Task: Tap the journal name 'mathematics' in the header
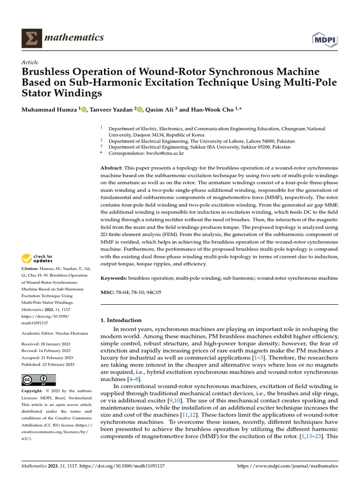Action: pyautogui.click(x=74, y=37)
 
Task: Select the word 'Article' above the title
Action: pyautogui.click(x=30, y=62)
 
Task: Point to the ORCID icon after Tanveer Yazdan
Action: pyautogui.click(x=140, y=109)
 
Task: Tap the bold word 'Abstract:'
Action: pyautogui.click(x=112, y=168)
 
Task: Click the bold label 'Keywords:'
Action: pyautogui.click(x=114, y=278)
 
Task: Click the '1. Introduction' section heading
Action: pyautogui.click(x=121, y=320)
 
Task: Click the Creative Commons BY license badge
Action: pyautogui.click(x=39, y=380)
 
